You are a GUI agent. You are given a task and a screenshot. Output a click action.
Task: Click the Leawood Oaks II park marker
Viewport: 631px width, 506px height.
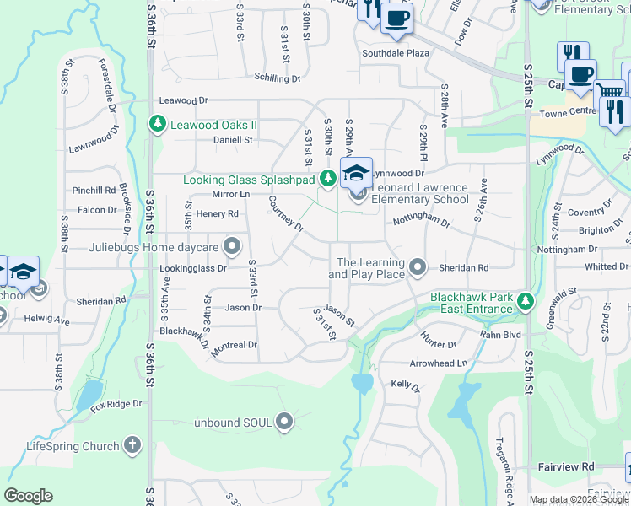point(157,125)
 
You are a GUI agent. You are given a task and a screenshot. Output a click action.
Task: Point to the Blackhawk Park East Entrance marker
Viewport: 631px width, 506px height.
point(526,301)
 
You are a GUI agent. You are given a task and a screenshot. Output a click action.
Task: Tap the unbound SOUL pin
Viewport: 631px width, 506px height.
point(285,421)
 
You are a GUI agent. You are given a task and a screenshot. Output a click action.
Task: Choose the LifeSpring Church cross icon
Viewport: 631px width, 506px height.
point(132,444)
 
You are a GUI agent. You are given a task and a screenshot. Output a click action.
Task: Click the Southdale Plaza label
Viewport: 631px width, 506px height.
point(396,52)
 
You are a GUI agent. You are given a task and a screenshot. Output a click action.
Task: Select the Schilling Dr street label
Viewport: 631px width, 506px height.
point(278,78)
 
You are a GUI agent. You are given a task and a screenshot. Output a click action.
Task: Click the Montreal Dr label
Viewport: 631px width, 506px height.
point(234,345)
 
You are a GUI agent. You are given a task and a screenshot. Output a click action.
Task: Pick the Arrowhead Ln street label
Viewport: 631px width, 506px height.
point(438,363)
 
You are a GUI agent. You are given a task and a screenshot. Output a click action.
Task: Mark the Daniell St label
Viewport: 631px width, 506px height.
point(233,140)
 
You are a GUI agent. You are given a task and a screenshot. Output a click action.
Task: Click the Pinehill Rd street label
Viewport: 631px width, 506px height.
point(94,191)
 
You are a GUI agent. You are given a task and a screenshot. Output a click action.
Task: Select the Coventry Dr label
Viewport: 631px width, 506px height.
point(589,213)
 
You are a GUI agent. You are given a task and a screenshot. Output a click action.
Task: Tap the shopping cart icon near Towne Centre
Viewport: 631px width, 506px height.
point(609,91)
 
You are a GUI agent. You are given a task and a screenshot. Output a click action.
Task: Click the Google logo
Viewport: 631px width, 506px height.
point(28,496)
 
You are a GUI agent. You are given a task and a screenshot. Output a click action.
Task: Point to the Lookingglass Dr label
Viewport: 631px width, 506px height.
point(193,269)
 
